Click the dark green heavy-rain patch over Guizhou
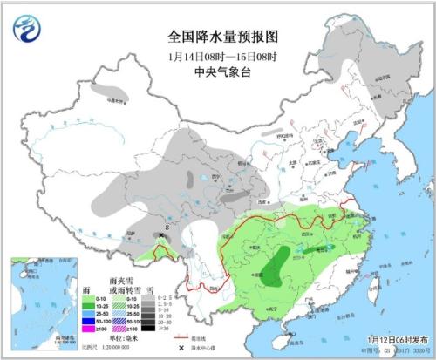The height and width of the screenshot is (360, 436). (x=276, y=266)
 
